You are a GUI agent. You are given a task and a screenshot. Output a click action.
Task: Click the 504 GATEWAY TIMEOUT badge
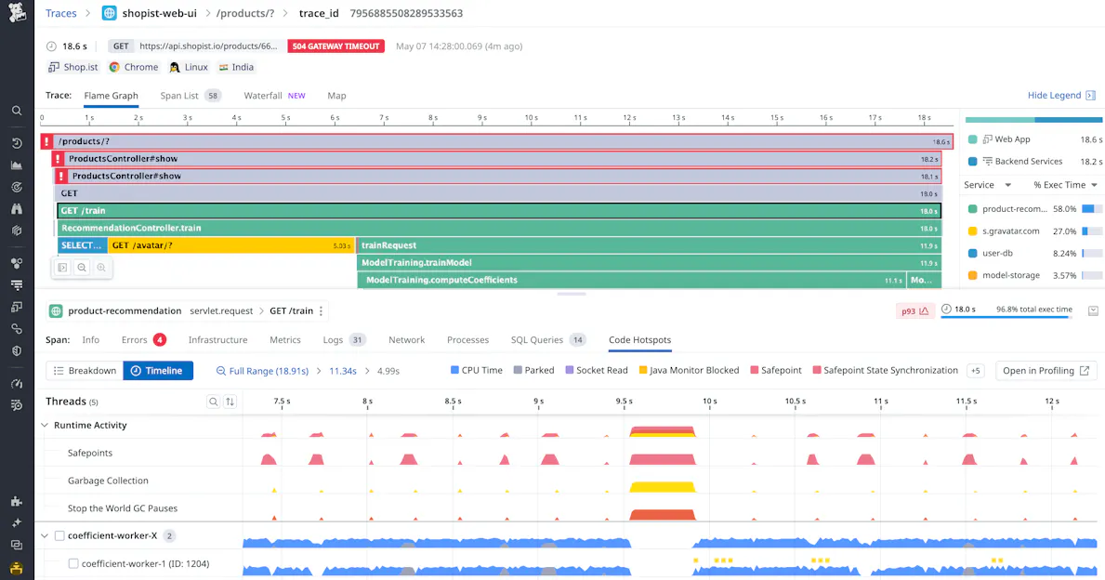[335, 46]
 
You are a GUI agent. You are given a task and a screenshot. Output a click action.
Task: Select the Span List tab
[179, 96]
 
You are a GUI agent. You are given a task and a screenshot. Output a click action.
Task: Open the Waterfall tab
[263, 96]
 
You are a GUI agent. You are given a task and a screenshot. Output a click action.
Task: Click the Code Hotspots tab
[639, 340]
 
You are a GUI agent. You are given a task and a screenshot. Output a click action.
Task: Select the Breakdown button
[85, 371]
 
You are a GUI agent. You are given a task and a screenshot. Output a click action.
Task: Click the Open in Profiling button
[1046, 371]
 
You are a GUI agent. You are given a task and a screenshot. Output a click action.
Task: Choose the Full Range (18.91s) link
[262, 371]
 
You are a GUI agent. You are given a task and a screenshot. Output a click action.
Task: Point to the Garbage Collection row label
[108, 481]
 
